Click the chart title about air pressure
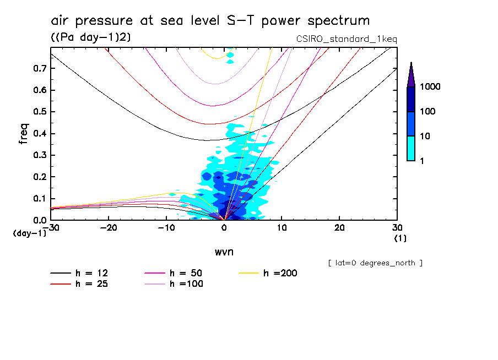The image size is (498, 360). [210, 21]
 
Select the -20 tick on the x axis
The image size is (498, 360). [109, 228]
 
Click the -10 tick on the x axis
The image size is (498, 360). [166, 228]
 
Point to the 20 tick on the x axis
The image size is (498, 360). [339, 228]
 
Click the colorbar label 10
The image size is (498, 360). [427, 136]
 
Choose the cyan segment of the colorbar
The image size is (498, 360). [411, 148]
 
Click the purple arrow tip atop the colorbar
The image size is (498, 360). [411, 72]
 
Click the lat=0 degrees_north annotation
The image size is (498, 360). [375, 263]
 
